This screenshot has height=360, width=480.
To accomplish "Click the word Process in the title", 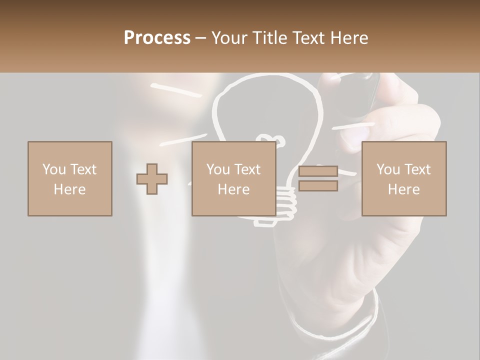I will click(157, 38).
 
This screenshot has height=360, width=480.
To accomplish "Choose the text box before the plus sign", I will click(69, 178).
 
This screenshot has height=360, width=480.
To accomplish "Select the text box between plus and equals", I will click(233, 178).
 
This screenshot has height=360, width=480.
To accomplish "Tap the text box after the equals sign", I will click(403, 178).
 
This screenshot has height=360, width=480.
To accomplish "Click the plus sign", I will click(152, 179).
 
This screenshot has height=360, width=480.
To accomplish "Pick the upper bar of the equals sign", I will click(318, 171).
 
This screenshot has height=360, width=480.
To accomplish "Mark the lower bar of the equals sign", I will click(318, 186).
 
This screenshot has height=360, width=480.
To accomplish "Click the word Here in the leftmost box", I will click(69, 189).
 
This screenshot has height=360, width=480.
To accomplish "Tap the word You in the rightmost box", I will click(388, 169).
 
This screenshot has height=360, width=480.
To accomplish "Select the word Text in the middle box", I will click(248, 169).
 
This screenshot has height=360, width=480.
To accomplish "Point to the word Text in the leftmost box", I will click(83, 169).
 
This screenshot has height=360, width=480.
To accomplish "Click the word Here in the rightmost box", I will click(403, 189).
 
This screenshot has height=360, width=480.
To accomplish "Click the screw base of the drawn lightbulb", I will click(287, 205).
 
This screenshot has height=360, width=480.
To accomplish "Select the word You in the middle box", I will click(218, 169).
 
